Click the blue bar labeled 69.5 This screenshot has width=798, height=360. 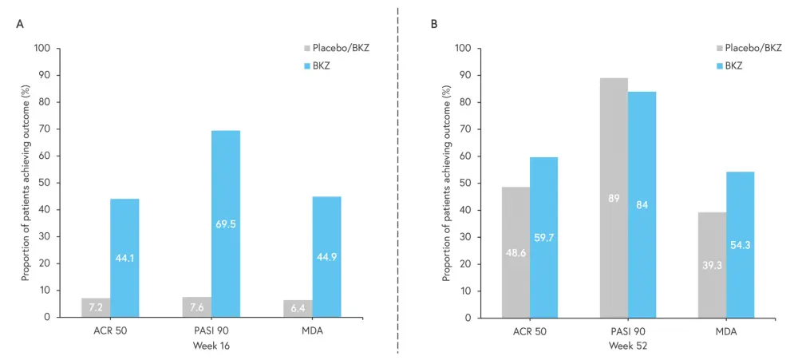point(226,224)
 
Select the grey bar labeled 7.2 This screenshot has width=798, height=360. point(96,307)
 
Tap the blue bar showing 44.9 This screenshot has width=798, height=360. point(326,256)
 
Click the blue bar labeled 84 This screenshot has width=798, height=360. point(642,204)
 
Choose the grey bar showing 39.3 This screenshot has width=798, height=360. point(712,264)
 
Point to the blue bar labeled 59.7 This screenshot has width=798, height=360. point(543,237)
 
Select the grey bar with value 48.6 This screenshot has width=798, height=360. point(516,252)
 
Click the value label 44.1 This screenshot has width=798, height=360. point(124,258)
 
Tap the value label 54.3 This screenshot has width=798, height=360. point(740,244)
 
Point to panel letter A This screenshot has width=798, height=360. point(20,25)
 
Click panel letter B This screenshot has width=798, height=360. point(434,25)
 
